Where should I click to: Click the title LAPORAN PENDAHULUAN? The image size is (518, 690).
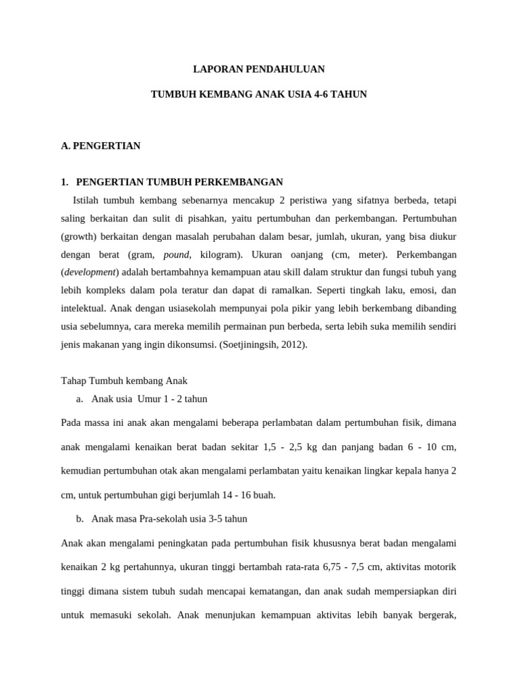[259, 69]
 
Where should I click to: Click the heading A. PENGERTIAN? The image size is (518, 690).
[100, 146]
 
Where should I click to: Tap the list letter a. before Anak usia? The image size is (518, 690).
[80, 399]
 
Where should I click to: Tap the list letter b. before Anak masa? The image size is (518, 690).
[80, 518]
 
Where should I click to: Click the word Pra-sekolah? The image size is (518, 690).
[159, 518]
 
